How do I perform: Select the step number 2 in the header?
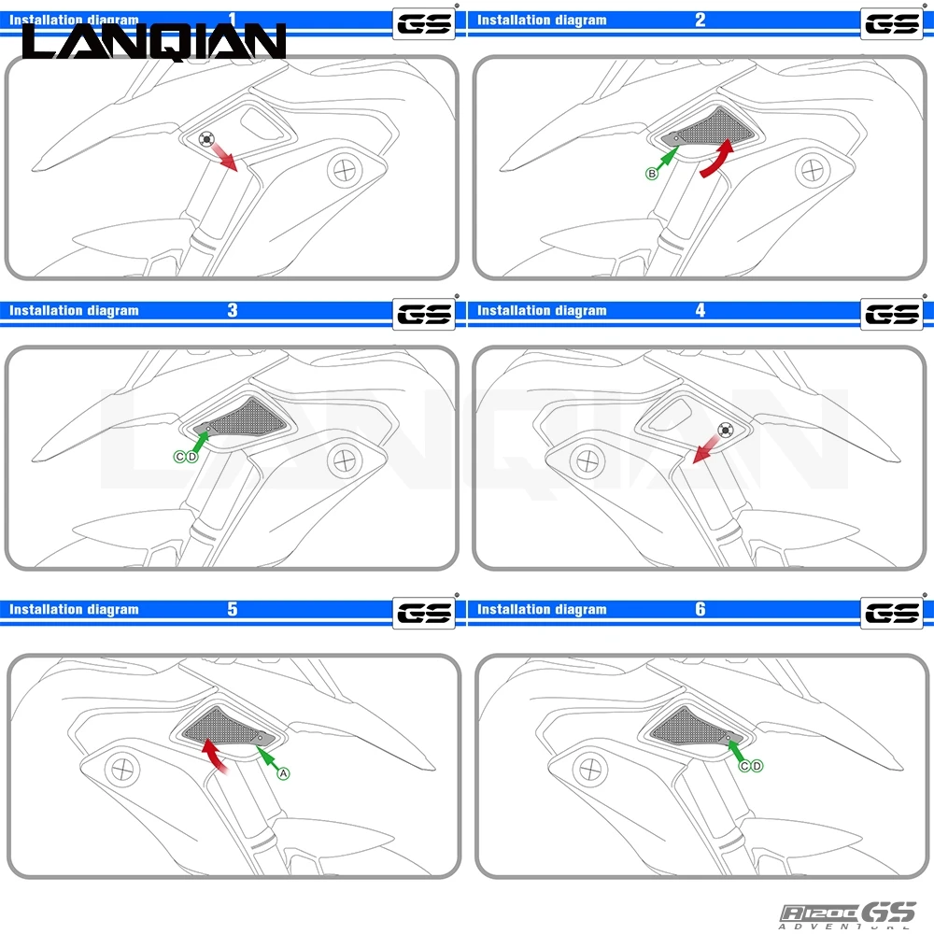tap(700, 20)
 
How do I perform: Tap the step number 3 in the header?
tap(233, 310)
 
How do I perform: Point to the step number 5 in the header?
tap(233, 609)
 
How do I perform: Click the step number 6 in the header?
tap(700, 609)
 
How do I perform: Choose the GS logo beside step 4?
tap(892, 314)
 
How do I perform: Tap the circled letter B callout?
tap(652, 174)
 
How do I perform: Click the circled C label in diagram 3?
tap(180, 456)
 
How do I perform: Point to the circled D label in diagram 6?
tap(757, 766)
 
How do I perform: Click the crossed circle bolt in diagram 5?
tap(120, 770)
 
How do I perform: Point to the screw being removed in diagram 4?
tap(723, 431)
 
